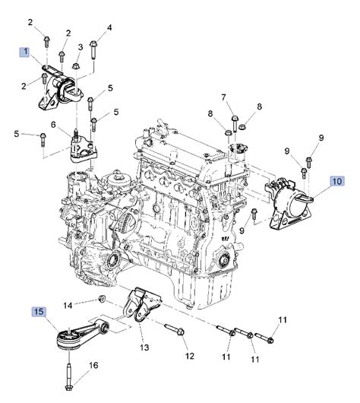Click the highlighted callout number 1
tap(25, 52)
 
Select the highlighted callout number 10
tap(337, 181)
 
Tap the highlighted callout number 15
tap(39, 312)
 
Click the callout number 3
tap(81, 47)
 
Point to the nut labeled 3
tap(75, 66)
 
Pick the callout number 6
tap(53, 125)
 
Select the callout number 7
tap(223, 97)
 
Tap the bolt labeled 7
tap(235, 124)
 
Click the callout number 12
tap(190, 356)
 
